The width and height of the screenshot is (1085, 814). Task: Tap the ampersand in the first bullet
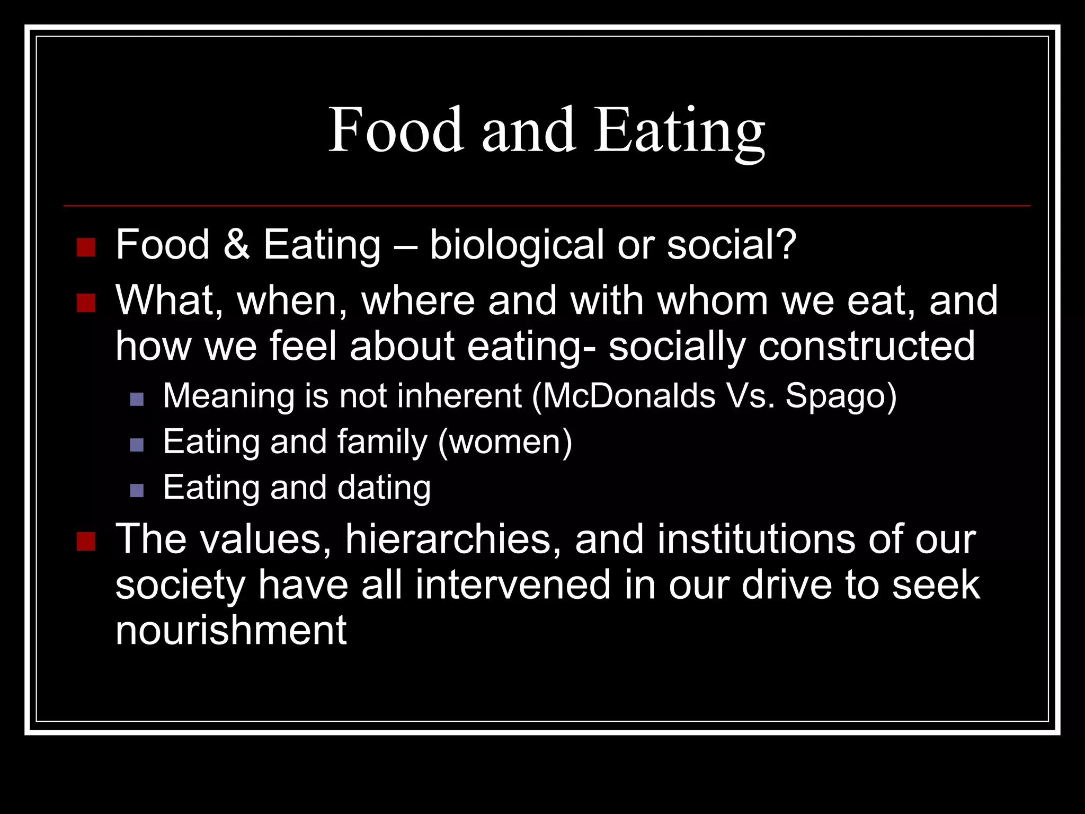pyautogui.click(x=236, y=245)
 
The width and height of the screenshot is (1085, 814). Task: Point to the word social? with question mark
pyautogui.click(x=732, y=245)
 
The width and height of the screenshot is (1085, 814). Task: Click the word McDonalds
pyautogui.click(x=629, y=396)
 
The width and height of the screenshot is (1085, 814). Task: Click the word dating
pyautogui.click(x=384, y=488)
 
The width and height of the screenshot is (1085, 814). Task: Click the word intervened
pyautogui.click(x=513, y=585)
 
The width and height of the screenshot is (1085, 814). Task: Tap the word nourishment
pyautogui.click(x=231, y=630)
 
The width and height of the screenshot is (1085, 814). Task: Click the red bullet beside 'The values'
pyautogui.click(x=86, y=542)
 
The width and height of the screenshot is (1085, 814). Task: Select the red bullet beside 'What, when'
pyautogui.click(x=86, y=303)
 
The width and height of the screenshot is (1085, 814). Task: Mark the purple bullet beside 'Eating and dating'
pyautogui.click(x=137, y=490)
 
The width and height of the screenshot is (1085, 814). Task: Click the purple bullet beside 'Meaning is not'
pyautogui.click(x=137, y=399)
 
